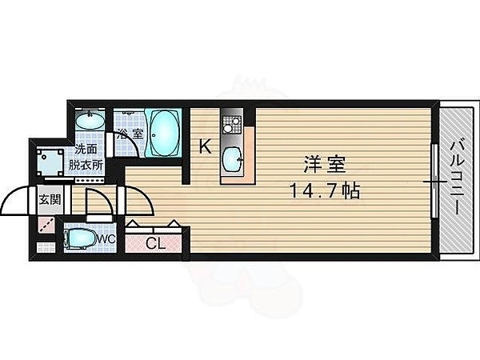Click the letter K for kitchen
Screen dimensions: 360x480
205,146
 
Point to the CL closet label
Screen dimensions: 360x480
156,243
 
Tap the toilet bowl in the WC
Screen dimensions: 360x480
80,238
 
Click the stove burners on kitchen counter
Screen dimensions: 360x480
232,125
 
